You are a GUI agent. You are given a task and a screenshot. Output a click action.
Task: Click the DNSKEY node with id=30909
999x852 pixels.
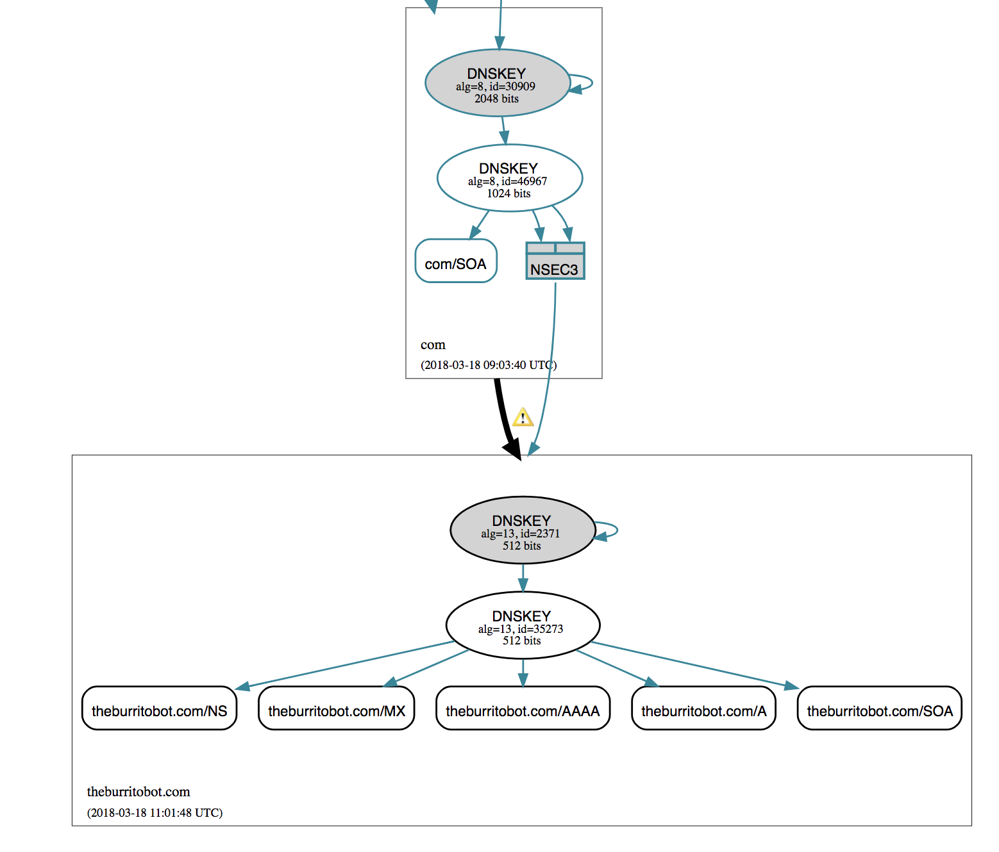(497, 83)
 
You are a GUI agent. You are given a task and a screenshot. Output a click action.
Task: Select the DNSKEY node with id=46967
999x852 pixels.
(509, 178)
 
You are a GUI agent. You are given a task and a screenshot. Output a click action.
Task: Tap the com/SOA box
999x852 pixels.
(456, 261)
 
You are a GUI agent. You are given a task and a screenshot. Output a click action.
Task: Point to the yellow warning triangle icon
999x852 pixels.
(523, 417)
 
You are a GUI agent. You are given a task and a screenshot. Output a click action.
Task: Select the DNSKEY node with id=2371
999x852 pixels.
(522, 530)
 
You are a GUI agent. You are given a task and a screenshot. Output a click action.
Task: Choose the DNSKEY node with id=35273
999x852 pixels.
(522, 625)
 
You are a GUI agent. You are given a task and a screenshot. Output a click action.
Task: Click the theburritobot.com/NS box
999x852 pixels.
(159, 709)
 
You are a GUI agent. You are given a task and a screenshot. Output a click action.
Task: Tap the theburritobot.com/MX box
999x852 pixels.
(336, 709)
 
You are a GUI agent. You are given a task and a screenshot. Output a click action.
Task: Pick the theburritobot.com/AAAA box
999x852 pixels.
(523, 709)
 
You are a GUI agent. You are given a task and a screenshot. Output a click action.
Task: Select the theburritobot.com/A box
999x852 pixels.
(703, 709)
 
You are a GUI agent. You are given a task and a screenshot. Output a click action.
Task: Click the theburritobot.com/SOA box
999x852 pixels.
(879, 709)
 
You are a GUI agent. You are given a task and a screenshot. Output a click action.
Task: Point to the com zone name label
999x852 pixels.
(433, 345)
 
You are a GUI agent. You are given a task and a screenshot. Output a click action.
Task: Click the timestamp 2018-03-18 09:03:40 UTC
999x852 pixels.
(488, 365)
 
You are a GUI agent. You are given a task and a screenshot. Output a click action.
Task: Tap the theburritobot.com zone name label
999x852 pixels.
(139, 792)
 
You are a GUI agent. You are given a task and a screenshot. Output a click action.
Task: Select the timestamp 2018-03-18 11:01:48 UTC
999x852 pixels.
(155, 813)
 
